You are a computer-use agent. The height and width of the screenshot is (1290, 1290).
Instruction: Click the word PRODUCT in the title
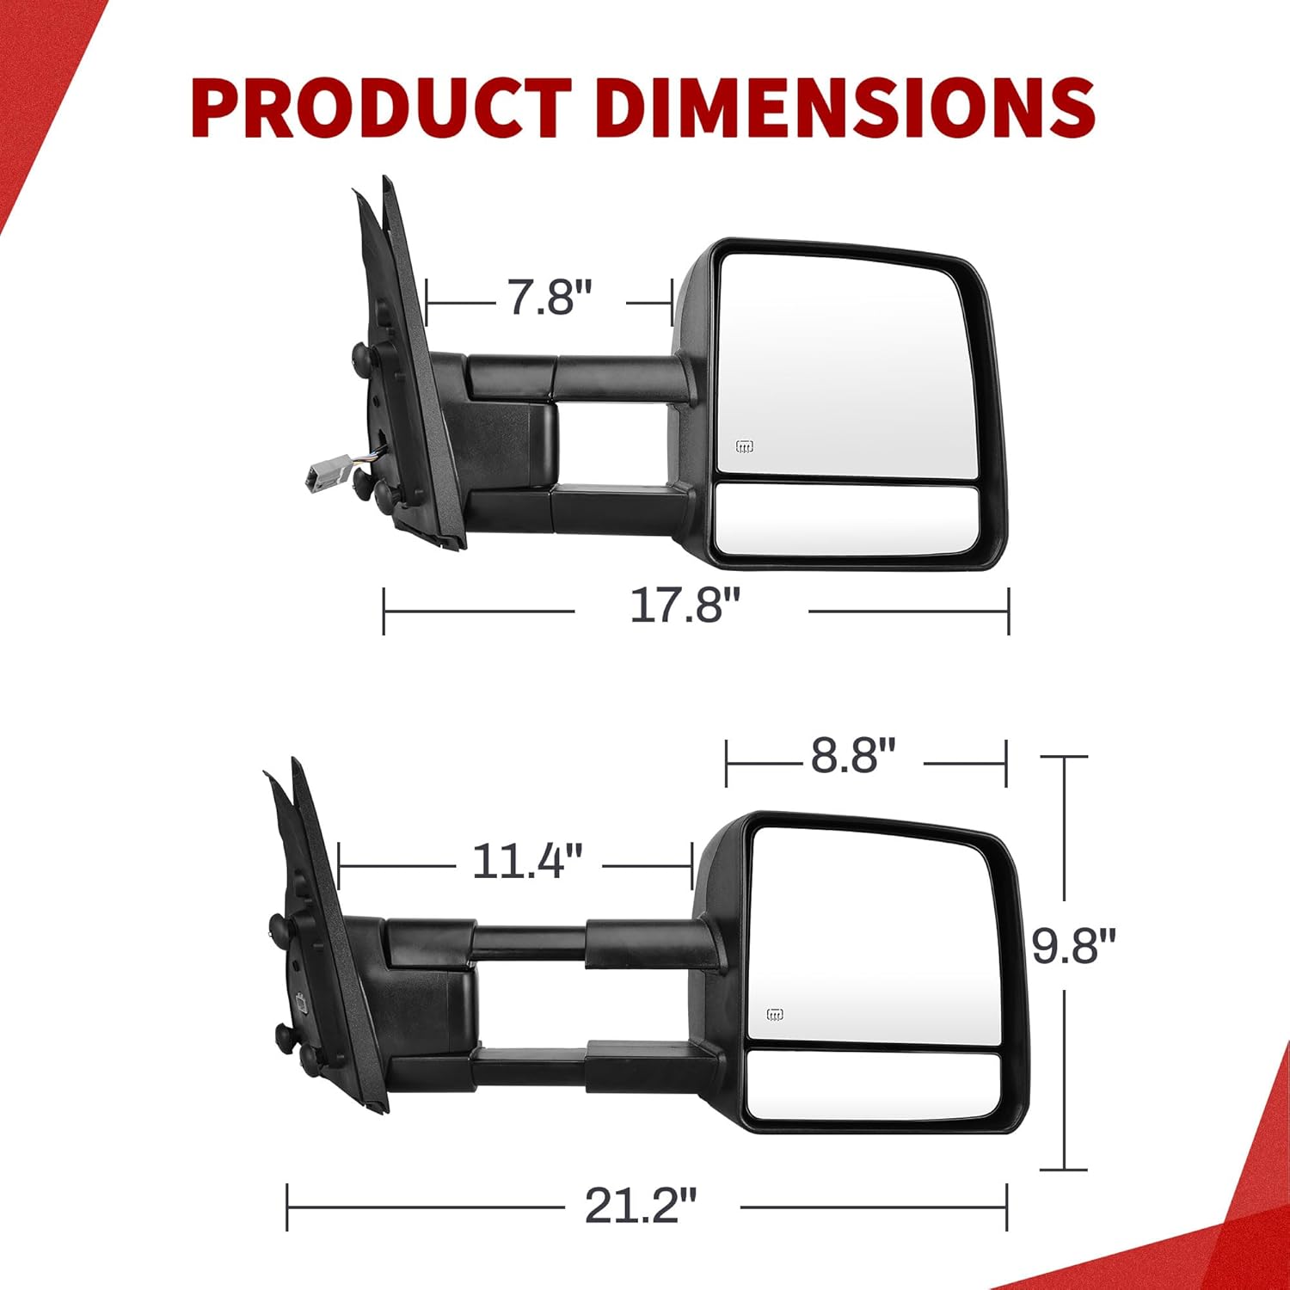pos(382,108)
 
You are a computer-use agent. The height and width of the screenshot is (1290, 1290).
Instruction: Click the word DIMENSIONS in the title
pos(844,108)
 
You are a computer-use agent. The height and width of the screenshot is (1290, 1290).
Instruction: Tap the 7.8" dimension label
pos(550,298)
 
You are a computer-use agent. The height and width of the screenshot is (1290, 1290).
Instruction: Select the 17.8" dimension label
pos(685,605)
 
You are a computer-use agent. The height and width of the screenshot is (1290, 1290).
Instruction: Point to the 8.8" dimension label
pos(853,756)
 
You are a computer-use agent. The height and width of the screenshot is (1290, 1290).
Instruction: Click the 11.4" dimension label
pos(527,860)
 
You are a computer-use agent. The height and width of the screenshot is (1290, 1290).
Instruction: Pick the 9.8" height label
pos(1072,947)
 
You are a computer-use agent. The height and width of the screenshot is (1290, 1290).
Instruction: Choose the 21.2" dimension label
pos(640,1206)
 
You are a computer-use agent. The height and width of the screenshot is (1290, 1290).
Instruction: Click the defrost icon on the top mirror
pos(744,446)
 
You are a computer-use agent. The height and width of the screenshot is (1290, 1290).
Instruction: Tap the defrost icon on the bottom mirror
pos(775,1015)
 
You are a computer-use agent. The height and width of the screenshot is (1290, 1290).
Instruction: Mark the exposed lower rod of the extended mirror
pos(530,1068)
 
